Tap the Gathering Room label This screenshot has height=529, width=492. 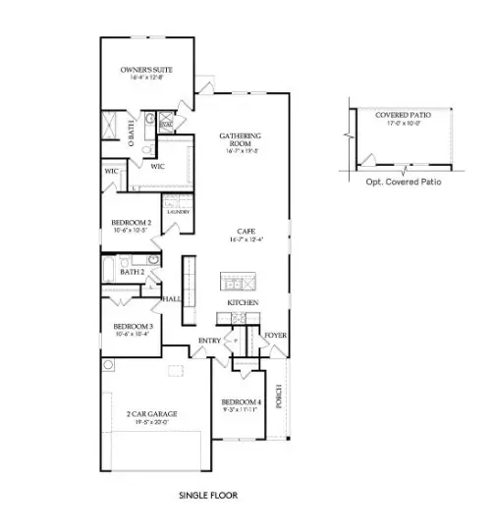point(239,138)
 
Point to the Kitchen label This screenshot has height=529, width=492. point(243,303)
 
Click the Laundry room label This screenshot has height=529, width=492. point(178,211)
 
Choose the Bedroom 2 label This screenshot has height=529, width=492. point(131,223)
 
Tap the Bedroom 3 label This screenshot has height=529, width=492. point(133,326)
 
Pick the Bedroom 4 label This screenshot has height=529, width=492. point(241,403)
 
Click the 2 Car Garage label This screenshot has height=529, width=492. point(152,414)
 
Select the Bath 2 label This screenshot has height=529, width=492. point(119,271)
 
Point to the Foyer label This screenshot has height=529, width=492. point(275,336)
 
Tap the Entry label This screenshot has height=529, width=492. point(209,341)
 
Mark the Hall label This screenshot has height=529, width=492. point(172,298)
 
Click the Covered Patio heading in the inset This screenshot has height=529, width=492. point(398,115)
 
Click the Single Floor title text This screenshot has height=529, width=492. point(207,496)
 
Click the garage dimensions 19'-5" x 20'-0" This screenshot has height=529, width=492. point(152,422)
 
